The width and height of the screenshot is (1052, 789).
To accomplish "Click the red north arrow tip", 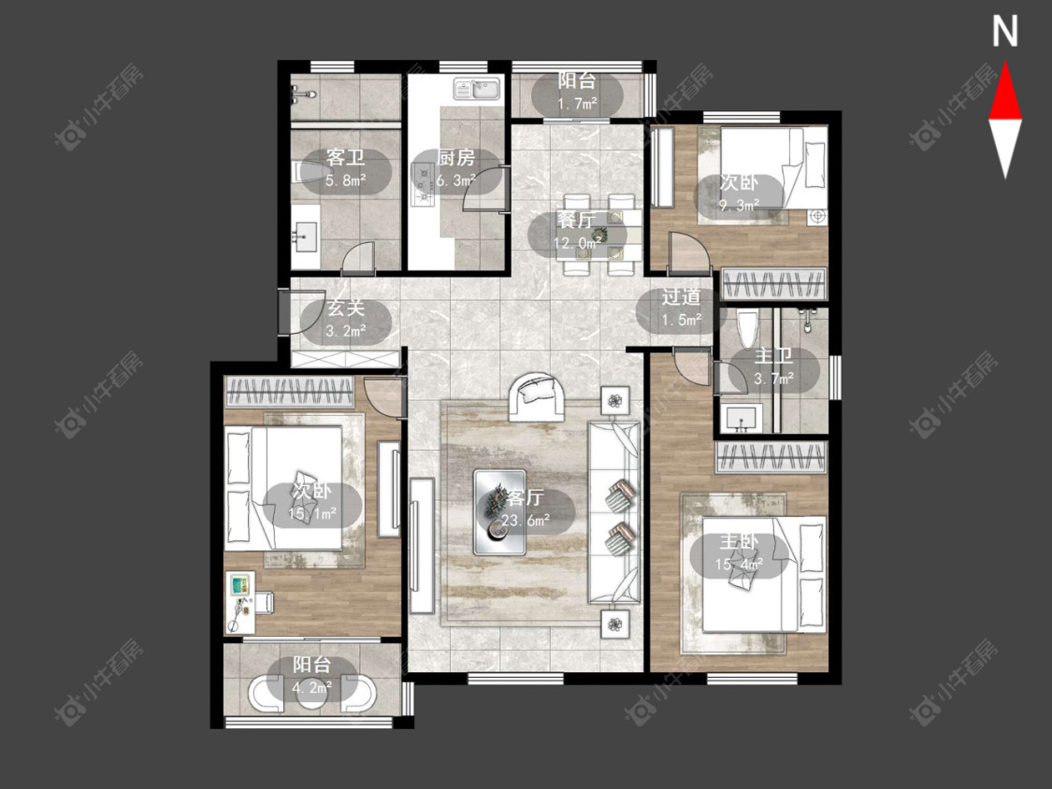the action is point(1005,63).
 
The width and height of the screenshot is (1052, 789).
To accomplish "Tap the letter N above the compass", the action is point(1005,32).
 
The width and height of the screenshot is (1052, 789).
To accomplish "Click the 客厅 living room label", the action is point(525,497).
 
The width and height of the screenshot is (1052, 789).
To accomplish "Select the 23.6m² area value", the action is point(526,519).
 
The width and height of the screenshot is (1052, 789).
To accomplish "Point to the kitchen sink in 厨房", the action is point(477,89).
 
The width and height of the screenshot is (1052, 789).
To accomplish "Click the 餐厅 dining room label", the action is point(576,220).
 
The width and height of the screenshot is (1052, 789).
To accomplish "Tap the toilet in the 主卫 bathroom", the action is point(747,331).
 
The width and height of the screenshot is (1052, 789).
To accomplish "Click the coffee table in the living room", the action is point(500,512).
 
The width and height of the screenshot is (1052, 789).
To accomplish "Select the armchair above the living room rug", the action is point(535,396).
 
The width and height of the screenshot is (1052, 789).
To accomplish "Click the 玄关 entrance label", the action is point(345,308).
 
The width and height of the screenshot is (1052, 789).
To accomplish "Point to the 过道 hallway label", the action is point(681,296).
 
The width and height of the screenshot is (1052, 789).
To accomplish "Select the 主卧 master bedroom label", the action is point(739,542).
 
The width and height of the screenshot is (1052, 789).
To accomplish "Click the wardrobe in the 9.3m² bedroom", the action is point(773,282).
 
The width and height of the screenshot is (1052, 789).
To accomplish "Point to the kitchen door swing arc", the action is point(481,181).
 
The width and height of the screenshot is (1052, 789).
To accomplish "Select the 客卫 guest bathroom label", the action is point(345,158).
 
